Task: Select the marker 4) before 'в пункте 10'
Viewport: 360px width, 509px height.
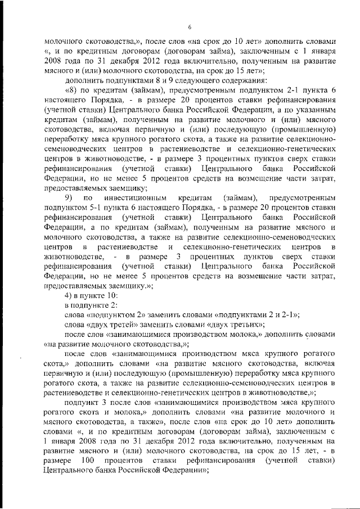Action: click(x=69, y=295)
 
